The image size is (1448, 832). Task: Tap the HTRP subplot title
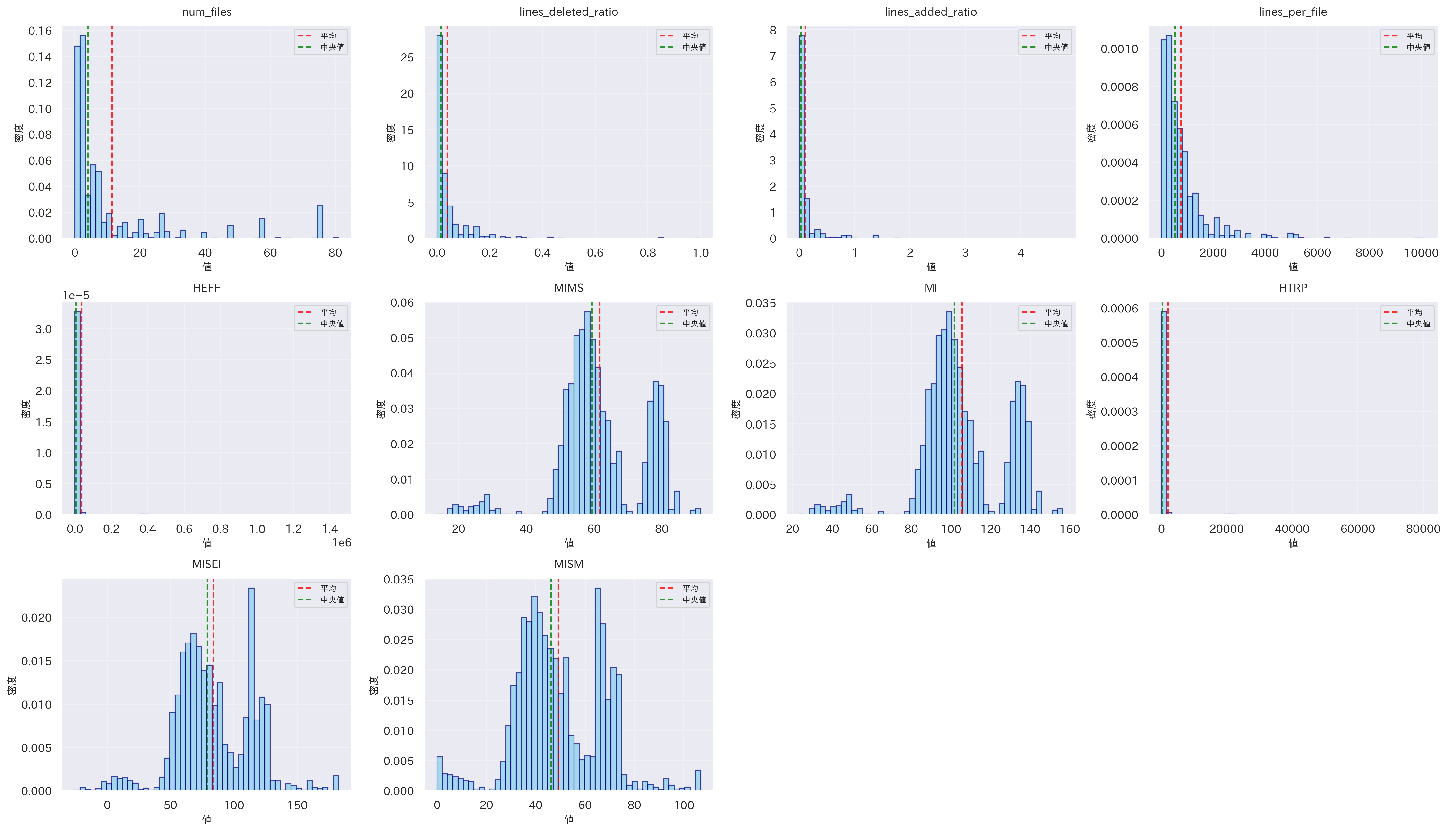pos(1293,288)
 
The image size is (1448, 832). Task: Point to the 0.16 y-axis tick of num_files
pos(40,31)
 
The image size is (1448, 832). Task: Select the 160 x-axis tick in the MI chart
pos(1069,529)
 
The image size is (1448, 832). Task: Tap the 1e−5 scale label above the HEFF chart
pos(76,295)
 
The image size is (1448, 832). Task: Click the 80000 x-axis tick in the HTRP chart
pos(1423,529)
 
